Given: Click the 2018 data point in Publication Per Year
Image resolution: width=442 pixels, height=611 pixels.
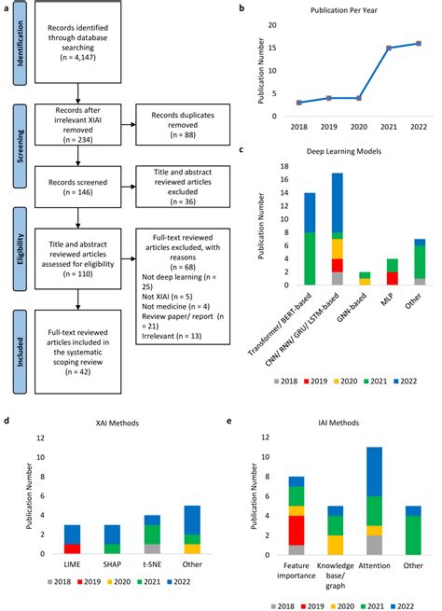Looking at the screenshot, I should pos(298,103).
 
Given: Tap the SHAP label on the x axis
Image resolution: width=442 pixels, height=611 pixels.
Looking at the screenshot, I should pos(112,564).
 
